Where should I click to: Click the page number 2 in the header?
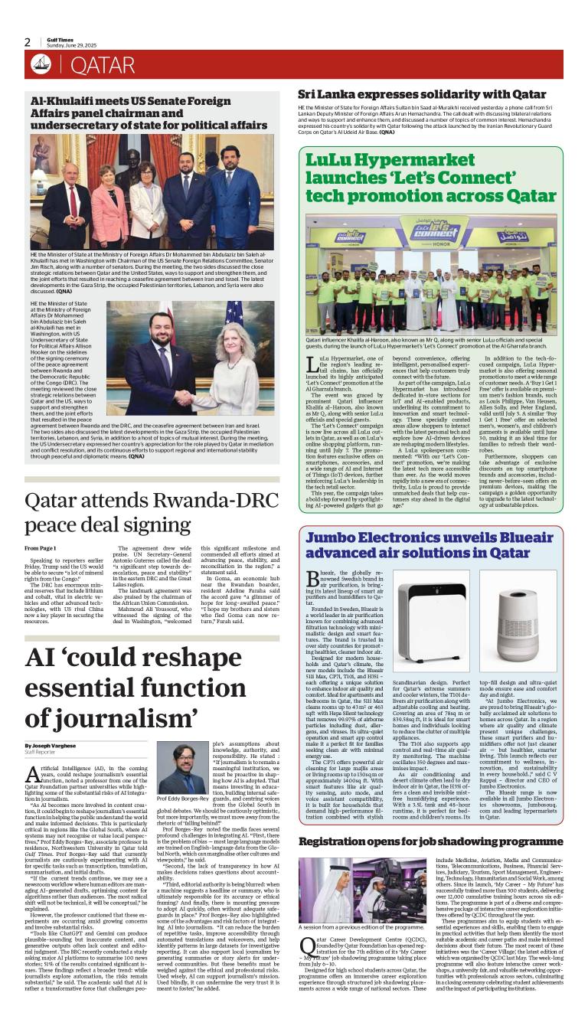click(x=28, y=43)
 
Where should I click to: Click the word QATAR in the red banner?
click(x=103, y=66)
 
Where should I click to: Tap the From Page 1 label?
click(x=41, y=548)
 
